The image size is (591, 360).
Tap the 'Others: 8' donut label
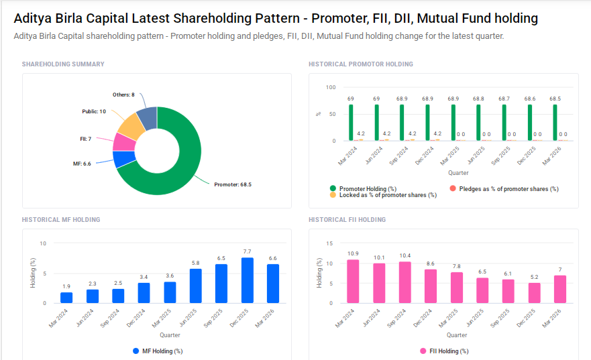pos(123,95)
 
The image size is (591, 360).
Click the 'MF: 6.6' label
pos(82,164)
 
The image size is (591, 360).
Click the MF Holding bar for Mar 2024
pos(66,298)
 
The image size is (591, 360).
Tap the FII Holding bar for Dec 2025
pos(534,293)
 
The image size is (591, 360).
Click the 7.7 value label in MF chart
pos(247,251)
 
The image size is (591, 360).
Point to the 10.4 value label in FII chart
pos(405,255)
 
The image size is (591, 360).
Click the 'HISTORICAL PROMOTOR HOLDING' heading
pos(360,64)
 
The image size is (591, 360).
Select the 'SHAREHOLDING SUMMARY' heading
pos(63,64)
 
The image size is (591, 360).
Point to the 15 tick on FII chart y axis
pos(329,243)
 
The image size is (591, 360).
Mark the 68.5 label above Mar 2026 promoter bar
pos(555,99)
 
